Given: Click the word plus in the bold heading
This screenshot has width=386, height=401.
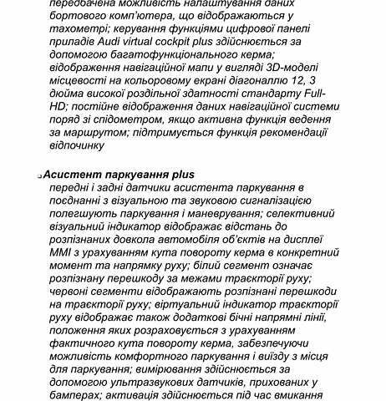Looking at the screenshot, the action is pyautogui.click(x=180, y=174).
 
